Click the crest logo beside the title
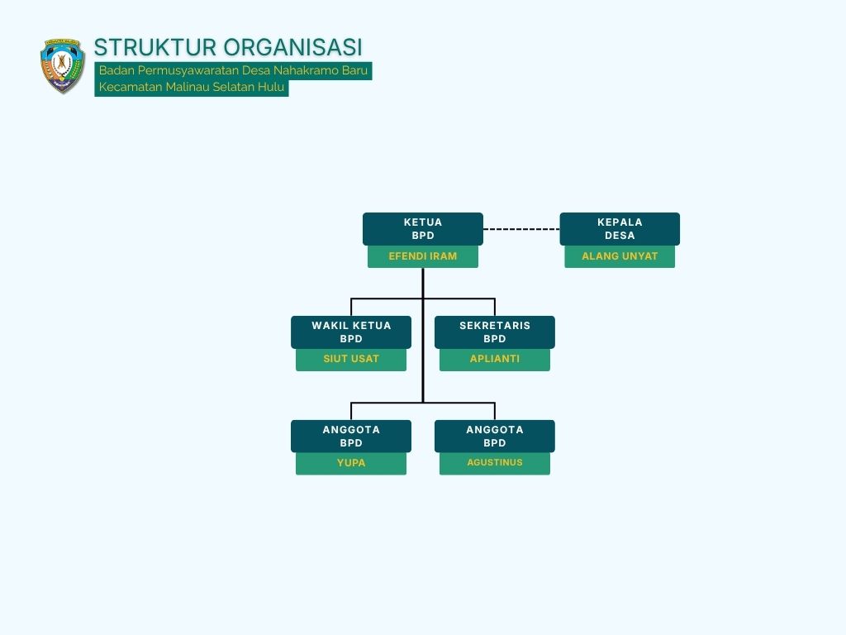click(63, 66)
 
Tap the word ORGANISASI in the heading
click(293, 47)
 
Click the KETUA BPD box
click(423, 229)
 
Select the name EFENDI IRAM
click(423, 256)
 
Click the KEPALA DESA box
click(620, 229)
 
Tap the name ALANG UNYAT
click(620, 256)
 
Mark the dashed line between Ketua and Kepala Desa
click(521, 229)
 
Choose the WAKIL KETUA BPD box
click(351, 332)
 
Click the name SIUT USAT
click(351, 359)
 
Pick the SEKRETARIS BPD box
click(495, 332)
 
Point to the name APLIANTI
click(495, 359)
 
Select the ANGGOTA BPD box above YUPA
click(351, 437)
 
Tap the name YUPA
click(351, 463)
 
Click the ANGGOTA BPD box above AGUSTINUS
click(495, 437)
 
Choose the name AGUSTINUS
click(495, 462)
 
